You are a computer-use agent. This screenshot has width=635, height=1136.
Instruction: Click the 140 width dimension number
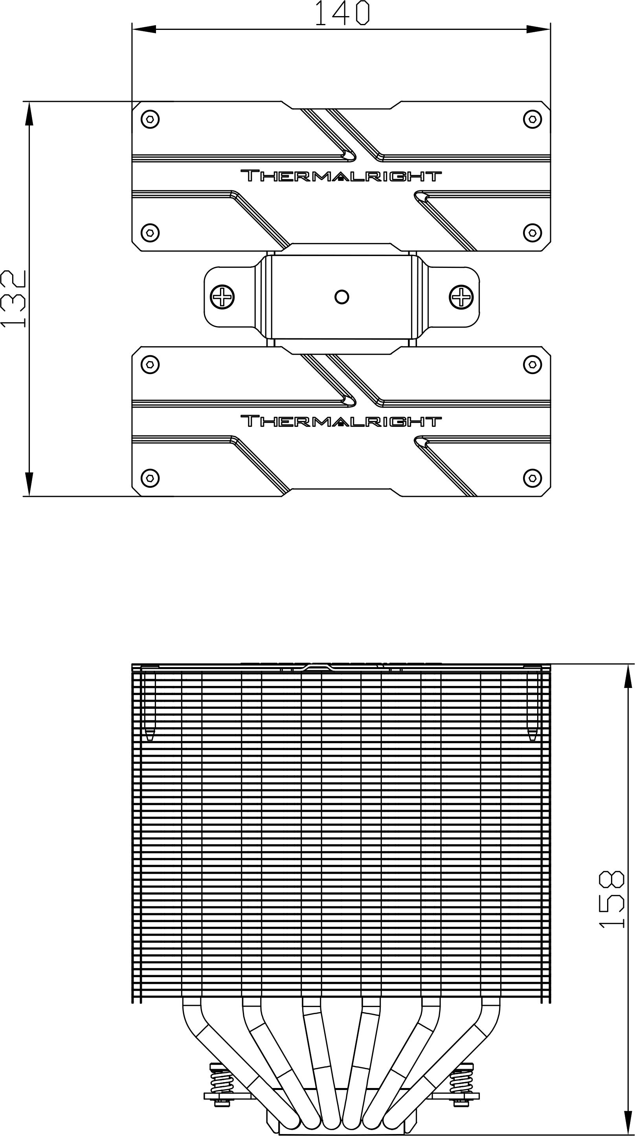click(x=341, y=13)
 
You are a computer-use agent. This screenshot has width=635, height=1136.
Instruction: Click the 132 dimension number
click(x=13, y=299)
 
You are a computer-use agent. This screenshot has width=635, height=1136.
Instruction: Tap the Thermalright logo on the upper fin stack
click(x=341, y=176)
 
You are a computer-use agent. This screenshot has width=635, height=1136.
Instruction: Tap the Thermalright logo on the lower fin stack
click(x=341, y=421)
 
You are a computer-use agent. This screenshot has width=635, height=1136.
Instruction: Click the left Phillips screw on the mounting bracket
click(x=222, y=297)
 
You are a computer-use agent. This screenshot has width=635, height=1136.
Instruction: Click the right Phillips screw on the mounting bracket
click(x=461, y=297)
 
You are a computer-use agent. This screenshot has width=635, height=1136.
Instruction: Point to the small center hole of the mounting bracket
click(x=342, y=297)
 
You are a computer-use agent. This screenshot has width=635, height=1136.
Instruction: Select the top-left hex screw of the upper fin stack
click(x=150, y=119)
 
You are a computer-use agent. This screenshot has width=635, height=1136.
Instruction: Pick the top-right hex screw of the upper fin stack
click(x=532, y=119)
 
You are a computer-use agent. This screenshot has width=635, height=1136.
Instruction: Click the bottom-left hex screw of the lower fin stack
click(x=150, y=478)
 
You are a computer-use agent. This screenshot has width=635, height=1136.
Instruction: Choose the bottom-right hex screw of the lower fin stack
click(x=532, y=478)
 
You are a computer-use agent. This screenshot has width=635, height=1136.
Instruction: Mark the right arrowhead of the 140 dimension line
click(x=538, y=30)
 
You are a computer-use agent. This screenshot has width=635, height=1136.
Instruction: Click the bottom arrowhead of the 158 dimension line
click(x=628, y=1123)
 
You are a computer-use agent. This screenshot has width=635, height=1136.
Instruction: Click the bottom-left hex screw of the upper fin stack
click(x=150, y=233)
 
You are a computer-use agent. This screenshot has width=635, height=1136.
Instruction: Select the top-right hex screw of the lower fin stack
click(x=532, y=364)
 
